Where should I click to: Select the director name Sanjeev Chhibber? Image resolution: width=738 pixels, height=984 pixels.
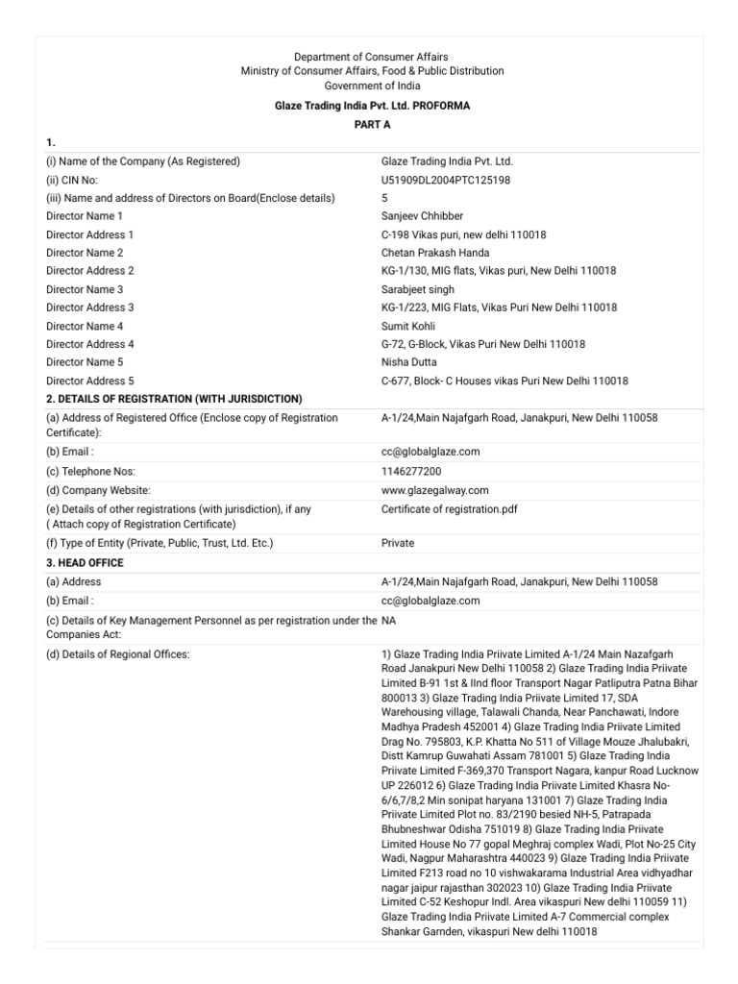coord(422,216)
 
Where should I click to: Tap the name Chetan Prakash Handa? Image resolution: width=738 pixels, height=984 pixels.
coord(435,253)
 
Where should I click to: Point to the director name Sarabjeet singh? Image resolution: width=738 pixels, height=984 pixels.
coord(418,289)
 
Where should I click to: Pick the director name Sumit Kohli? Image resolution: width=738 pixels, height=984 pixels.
coord(408,326)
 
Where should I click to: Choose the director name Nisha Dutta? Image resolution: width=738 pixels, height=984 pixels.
coord(408,362)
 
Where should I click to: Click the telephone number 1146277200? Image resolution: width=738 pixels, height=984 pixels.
coord(411,471)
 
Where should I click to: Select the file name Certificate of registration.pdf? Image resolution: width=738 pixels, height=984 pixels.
coord(449,508)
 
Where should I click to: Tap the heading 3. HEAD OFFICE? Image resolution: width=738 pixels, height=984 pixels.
coord(85,562)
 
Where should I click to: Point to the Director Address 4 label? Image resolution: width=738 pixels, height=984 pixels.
coord(90,344)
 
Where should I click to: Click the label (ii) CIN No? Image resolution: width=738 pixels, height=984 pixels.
coord(72,180)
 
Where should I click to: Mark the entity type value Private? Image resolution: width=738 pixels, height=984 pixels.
coord(398,543)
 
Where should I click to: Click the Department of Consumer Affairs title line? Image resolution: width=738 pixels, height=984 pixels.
coord(370,58)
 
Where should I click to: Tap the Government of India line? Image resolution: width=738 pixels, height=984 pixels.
coord(370,86)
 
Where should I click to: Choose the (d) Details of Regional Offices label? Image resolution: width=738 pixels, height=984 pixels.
coord(118,654)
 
